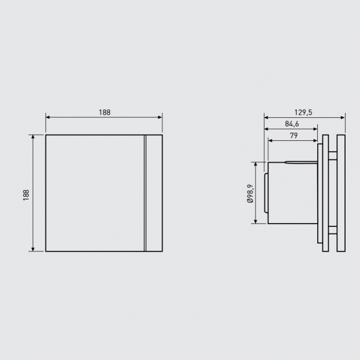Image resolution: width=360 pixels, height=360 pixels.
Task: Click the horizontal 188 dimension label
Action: coord(104,113)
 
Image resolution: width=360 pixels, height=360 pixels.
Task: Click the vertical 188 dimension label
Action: coord(26,195)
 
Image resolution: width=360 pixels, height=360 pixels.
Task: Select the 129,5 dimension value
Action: coord(303,113)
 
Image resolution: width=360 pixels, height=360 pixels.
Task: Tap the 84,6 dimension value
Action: coord(292,124)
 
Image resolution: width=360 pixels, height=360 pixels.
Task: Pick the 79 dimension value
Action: coord(294,136)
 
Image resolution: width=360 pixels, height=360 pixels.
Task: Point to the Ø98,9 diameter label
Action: coord(250,193)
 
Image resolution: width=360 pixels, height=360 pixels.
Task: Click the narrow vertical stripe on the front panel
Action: coord(145,193)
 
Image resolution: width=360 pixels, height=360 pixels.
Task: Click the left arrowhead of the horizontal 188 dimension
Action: coord(48,117)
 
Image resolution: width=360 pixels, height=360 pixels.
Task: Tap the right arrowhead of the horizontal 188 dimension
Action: coord(160,117)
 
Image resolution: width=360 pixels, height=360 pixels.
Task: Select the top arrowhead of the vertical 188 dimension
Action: coord(33,137)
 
